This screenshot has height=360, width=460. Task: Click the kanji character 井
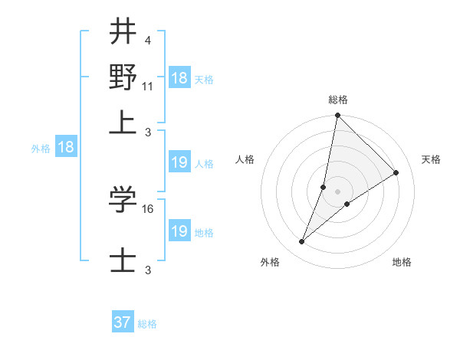tap(123, 33)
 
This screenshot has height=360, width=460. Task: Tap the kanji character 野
tap(123, 77)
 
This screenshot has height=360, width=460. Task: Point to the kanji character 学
tap(123, 199)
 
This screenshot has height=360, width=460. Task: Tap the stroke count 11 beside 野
tap(148, 86)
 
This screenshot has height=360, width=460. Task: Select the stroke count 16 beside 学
tap(149, 208)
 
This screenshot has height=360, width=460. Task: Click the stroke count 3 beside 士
tap(147, 270)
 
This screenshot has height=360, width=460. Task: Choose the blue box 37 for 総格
tap(123, 322)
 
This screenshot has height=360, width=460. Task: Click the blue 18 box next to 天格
tap(179, 78)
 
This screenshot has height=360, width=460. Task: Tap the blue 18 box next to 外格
tap(66, 147)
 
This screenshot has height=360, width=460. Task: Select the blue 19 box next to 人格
tap(179, 162)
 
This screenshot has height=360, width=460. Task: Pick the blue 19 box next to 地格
tap(179, 231)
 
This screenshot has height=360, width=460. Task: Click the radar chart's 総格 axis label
tap(338, 100)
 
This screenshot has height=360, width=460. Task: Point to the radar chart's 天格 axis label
tap(431, 159)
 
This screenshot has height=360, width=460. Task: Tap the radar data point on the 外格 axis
tap(302, 242)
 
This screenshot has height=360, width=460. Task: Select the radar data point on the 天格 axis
tap(396, 172)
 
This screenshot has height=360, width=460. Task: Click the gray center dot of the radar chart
tap(338, 191)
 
